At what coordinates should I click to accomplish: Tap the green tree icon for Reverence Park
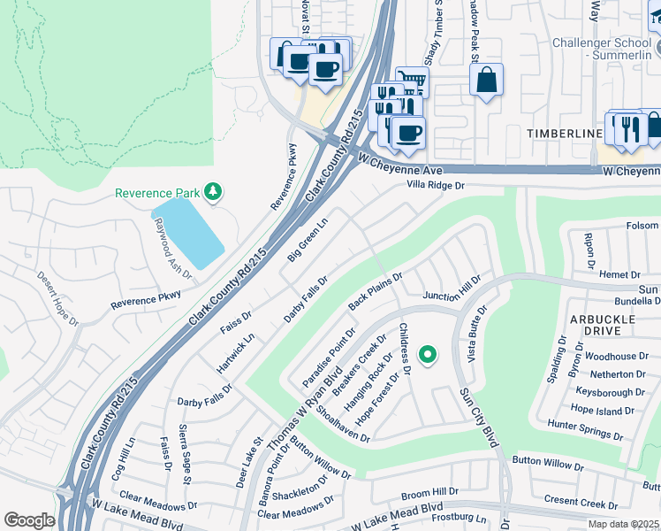(x=212, y=191)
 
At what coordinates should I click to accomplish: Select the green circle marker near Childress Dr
(x=428, y=356)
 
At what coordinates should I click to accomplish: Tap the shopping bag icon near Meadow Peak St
(x=486, y=81)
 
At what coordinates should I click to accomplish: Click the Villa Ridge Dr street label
(x=435, y=186)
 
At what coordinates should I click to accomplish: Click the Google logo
(x=29, y=520)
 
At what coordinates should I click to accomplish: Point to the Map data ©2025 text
(x=623, y=524)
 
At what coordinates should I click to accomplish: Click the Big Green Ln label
(x=307, y=239)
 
